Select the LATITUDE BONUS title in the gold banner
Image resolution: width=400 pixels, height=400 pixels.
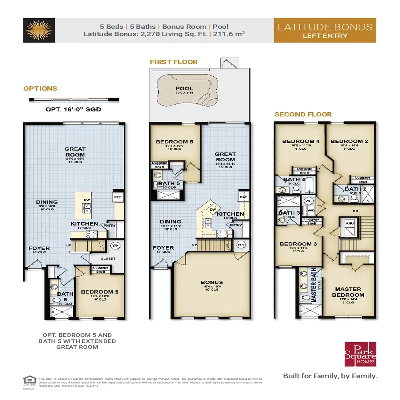tap(325, 26)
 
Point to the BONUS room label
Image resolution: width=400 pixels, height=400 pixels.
tap(212, 283)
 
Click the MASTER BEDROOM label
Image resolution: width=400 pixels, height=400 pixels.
tap(348, 292)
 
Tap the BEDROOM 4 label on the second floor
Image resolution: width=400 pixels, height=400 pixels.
tap(300, 141)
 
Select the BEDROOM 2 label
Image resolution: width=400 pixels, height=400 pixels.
tap(349, 141)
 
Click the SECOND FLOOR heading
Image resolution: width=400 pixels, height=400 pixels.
tap(303, 114)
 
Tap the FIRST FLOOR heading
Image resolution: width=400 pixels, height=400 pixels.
tap(174, 62)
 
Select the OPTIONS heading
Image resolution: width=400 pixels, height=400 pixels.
tap(40, 88)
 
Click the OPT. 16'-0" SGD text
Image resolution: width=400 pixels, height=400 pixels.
tap(67, 108)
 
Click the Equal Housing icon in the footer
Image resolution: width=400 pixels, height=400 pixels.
tap(28, 379)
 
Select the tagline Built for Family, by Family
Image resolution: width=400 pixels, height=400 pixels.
tap(330, 376)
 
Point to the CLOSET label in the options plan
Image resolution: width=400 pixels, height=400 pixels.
tap(108, 259)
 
